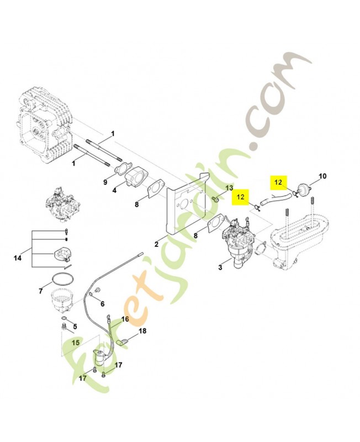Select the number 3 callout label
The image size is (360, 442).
220,267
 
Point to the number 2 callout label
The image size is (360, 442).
157,244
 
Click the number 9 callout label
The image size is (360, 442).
104,181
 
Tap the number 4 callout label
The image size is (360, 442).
114,191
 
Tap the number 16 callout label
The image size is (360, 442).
125,319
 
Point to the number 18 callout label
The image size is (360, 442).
142,331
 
